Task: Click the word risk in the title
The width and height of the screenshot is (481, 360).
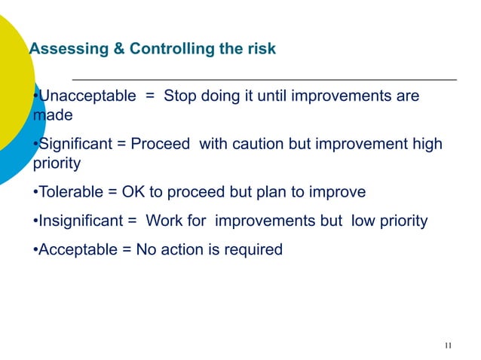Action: [261, 50]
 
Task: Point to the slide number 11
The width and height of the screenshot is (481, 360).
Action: [449, 346]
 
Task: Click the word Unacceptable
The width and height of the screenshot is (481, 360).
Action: [87, 96]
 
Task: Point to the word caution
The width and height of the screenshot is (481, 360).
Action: [260, 144]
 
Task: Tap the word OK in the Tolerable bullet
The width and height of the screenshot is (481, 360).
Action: [133, 192]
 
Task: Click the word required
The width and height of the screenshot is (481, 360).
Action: [254, 249]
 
